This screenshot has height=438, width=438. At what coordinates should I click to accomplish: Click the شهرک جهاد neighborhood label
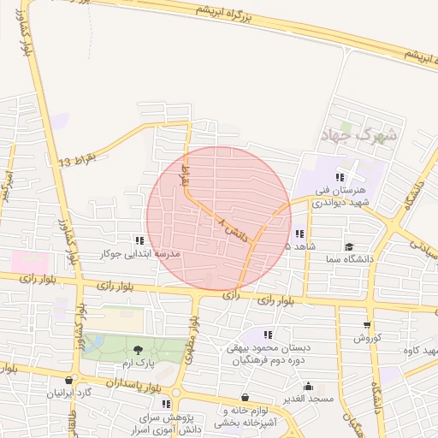[358, 135]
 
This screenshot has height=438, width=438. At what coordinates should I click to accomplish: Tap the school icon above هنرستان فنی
[340, 177]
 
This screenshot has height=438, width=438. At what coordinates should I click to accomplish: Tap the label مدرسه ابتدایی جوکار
[140, 254]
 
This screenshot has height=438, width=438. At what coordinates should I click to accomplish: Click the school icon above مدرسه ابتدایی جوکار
[139, 241]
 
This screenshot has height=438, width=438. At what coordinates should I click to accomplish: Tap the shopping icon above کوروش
[367, 325]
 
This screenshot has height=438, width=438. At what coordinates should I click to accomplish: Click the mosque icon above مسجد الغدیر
[308, 386]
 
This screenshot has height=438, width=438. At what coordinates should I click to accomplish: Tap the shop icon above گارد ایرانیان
[68, 381]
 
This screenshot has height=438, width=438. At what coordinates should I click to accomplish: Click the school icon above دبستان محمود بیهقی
[268, 334]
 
